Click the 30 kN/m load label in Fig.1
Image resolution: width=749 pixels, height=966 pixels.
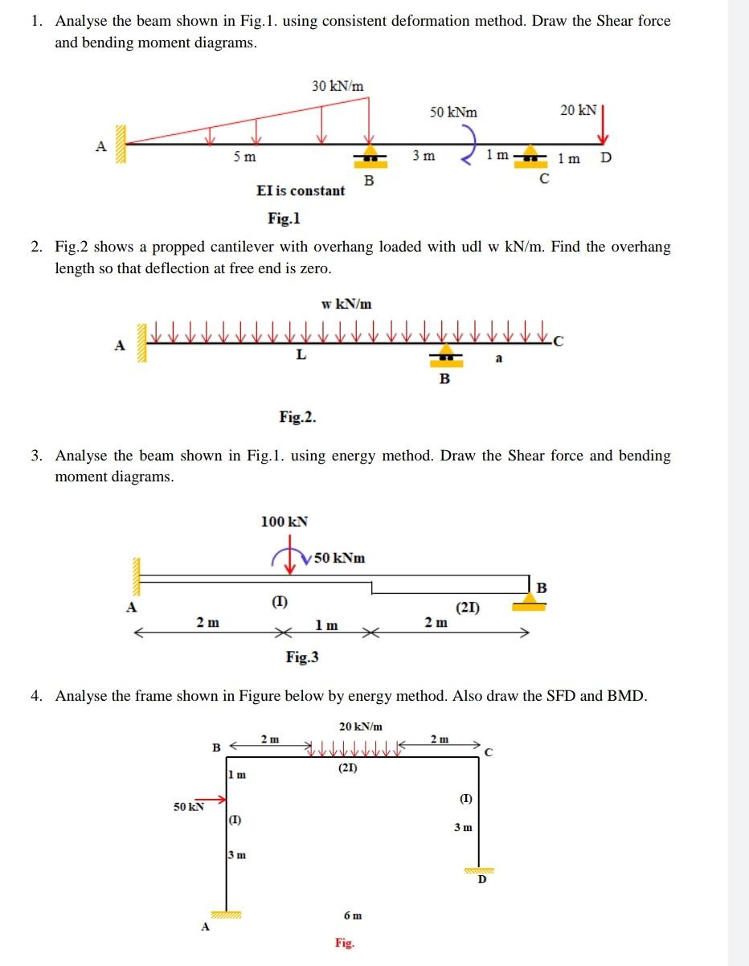(338, 86)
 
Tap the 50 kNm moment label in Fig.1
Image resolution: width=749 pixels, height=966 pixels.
(452, 113)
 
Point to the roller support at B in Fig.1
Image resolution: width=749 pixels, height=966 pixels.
(370, 155)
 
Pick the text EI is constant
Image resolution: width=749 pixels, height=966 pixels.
(301, 190)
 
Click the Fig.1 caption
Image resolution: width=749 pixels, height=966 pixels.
(284, 218)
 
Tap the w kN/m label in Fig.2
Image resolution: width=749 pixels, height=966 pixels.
(346, 304)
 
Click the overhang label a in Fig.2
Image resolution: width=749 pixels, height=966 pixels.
(498, 358)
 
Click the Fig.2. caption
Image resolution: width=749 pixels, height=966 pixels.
(297, 416)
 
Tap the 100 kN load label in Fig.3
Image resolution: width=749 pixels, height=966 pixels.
(284, 522)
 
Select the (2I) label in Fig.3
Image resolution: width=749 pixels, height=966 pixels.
(468, 608)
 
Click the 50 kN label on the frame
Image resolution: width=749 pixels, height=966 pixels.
(188, 806)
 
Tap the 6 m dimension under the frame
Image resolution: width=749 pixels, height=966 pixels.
(352, 915)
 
